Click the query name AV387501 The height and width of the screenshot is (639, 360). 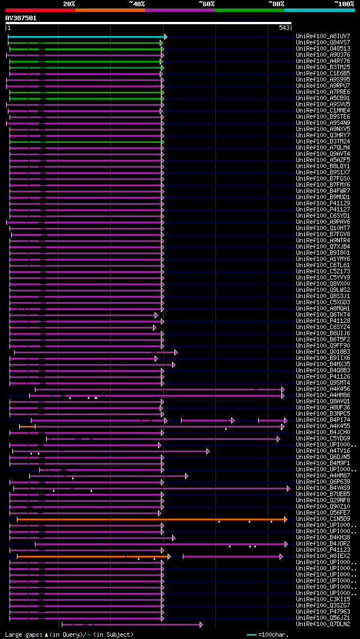[21, 18]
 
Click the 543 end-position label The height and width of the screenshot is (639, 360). [284, 28]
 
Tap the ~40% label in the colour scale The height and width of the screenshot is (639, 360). [137, 4]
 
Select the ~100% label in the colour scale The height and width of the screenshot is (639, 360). [344, 4]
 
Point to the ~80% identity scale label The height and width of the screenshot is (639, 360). [276, 4]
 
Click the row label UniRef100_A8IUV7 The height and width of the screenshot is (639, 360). [323, 37]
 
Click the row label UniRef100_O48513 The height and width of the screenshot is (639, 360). [323, 49]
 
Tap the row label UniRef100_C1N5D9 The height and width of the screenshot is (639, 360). [323, 519]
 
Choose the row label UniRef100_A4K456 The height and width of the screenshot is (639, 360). [323, 389]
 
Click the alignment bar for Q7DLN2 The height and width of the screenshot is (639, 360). [132, 624]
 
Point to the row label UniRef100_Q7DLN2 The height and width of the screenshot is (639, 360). [323, 624]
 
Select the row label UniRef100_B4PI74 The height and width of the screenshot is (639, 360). [323, 420]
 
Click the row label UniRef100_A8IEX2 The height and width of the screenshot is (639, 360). [323, 556]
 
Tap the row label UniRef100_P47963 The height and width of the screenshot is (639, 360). [323, 612]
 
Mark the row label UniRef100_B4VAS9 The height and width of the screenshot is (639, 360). [323, 488]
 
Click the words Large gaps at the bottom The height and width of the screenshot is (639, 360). [22, 634]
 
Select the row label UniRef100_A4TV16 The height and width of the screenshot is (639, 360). [323, 451]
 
